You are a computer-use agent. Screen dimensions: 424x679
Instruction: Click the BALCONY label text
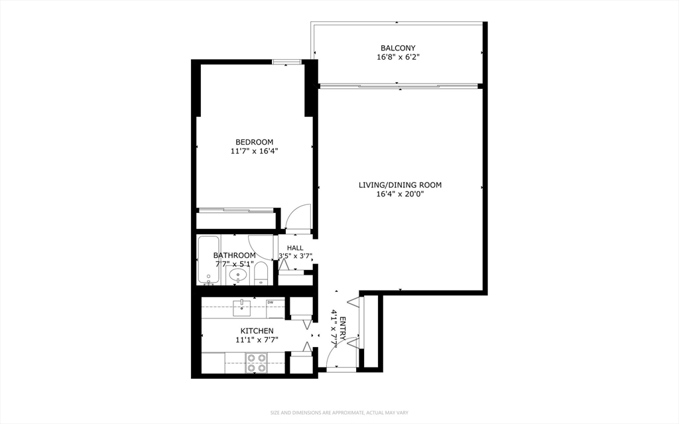pos(398,48)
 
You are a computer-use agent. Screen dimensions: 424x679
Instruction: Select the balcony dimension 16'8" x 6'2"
pos(398,58)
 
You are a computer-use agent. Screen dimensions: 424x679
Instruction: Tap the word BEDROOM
pos(254,142)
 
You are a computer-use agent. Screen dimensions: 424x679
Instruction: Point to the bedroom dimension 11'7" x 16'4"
pos(254,151)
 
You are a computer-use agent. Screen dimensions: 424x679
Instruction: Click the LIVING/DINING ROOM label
pos(400,185)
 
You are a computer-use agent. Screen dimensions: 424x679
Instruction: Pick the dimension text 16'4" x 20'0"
pos(400,194)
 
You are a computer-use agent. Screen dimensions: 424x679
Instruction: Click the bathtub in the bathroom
pos(208,260)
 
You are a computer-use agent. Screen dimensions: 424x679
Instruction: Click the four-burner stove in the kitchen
pos(256,362)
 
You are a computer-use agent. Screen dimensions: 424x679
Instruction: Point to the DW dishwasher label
pos(271,303)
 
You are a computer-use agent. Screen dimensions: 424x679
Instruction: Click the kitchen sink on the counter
pos(243,307)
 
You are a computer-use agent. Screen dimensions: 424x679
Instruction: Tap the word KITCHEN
pos(256,330)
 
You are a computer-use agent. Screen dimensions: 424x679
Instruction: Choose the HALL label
pos(295,247)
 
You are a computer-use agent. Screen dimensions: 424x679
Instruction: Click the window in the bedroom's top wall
pos(287,62)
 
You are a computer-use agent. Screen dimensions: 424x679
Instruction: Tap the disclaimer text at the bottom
pos(339,413)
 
